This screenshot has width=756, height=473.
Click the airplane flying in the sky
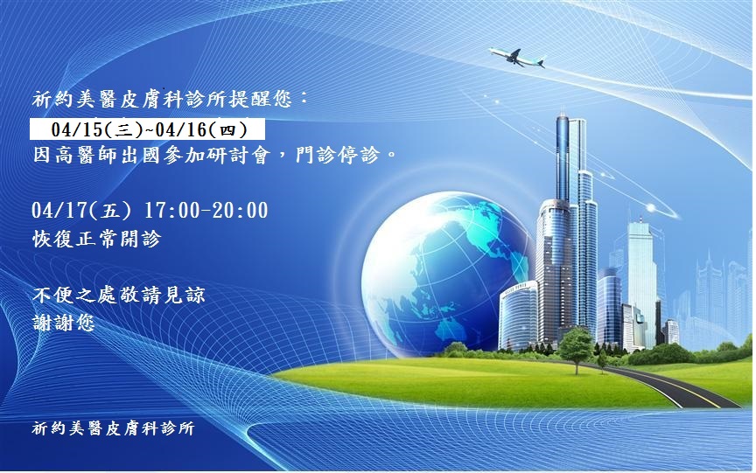(x=516, y=57)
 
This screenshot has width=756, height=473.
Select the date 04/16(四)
(x=201, y=130)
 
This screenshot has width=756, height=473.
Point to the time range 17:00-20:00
(x=206, y=211)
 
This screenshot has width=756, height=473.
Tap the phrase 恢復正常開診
(x=97, y=239)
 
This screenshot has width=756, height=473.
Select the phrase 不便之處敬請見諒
(x=119, y=295)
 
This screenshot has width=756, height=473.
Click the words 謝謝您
(x=64, y=323)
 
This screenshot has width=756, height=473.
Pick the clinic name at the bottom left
(x=113, y=428)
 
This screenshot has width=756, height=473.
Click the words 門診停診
(x=338, y=155)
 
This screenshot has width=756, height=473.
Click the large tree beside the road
(x=576, y=346)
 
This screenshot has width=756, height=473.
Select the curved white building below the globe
(x=518, y=316)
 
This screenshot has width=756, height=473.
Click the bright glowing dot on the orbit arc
(x=651, y=208)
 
